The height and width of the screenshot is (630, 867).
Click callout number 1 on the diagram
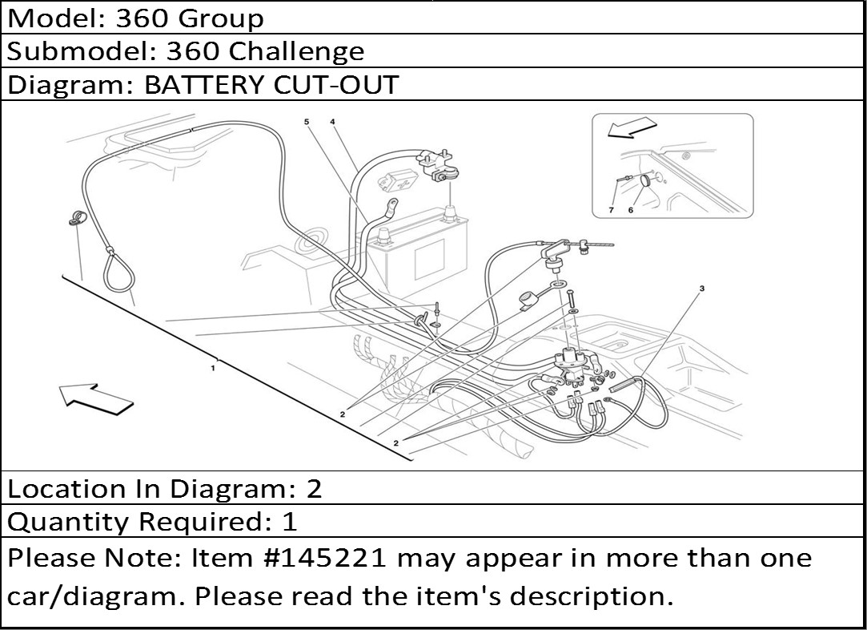click(213, 368)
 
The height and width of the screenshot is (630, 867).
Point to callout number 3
click(701, 289)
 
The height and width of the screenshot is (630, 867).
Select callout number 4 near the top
click(332, 121)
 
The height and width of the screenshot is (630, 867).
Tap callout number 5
click(306, 121)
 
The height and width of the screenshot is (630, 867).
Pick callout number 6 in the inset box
click(630, 210)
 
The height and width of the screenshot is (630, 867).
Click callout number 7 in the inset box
click(611, 210)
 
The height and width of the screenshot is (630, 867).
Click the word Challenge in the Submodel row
click(296, 51)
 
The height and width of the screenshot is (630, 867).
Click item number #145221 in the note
click(327, 558)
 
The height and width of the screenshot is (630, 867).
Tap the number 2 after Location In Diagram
click(314, 489)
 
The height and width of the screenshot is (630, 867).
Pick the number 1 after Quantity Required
click(290, 522)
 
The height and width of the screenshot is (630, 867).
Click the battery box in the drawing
click(420, 256)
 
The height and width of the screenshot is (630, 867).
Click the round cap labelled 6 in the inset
click(646, 181)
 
